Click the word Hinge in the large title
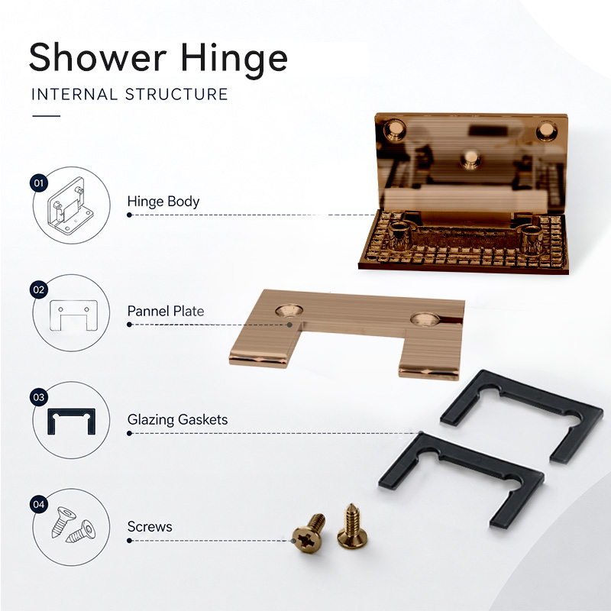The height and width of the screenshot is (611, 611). pyautogui.click(x=234, y=60)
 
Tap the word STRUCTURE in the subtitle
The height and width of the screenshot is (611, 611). pyautogui.click(x=176, y=94)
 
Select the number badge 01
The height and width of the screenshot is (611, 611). pyautogui.click(x=39, y=183)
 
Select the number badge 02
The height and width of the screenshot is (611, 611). pyautogui.click(x=39, y=290)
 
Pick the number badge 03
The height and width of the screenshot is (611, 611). pyautogui.click(x=39, y=397)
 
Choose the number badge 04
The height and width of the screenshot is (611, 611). pyautogui.click(x=39, y=505)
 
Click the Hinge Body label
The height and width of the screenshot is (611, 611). pyautogui.click(x=163, y=202)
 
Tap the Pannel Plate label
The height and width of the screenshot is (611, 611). pyautogui.click(x=166, y=311)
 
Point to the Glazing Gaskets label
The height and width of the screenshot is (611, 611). pyautogui.click(x=177, y=419)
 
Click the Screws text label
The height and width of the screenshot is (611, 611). pyautogui.click(x=150, y=527)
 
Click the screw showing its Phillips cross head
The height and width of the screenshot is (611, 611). pyautogui.click(x=309, y=533)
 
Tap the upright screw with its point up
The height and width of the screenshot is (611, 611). pyautogui.click(x=352, y=526)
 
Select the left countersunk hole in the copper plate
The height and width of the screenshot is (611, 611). pyautogui.click(x=289, y=311)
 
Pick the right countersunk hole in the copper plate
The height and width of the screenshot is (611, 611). pyautogui.click(x=425, y=319)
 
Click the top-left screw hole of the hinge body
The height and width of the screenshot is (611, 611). pyautogui.click(x=394, y=130)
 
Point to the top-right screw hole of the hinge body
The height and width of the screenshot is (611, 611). pyautogui.click(x=546, y=131)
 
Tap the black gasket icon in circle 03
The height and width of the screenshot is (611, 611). pyautogui.click(x=71, y=422)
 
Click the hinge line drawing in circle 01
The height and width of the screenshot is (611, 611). pyautogui.click(x=70, y=205)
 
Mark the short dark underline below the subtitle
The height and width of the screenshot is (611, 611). pyautogui.click(x=47, y=116)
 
